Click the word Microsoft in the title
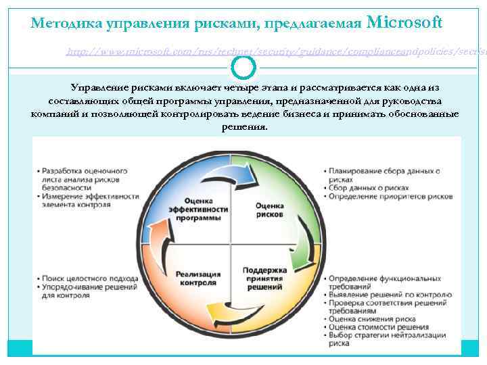tap(404, 22)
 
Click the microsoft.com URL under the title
tap(271, 51)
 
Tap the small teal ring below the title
tap(243, 66)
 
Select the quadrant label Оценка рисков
tap(269, 209)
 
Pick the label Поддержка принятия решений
tap(264, 279)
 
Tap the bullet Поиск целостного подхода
tap(84, 278)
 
